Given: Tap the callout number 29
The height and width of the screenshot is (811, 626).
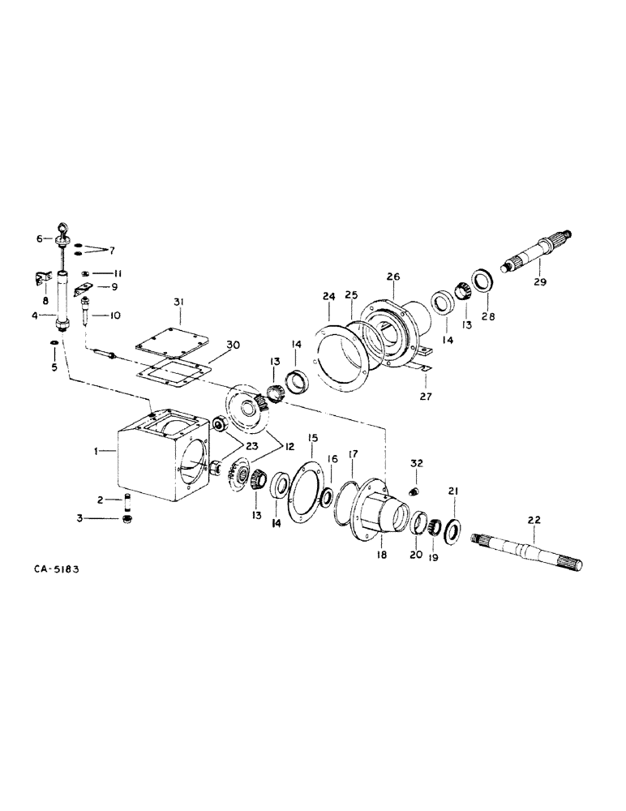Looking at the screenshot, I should (539, 283).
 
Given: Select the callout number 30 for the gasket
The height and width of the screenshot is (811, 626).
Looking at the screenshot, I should (211, 344).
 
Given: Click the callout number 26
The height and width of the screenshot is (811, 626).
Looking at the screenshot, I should (393, 277).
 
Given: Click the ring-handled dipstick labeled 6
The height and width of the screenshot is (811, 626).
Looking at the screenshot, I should (62, 238).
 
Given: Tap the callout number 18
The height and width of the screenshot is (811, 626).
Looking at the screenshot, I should (381, 556).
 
